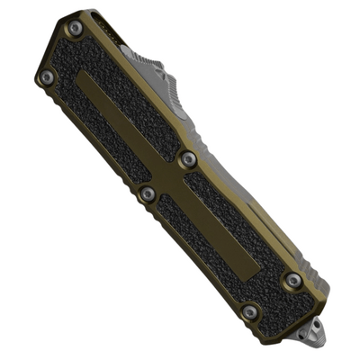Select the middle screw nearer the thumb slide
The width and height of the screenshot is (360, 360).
pyautogui.click(x=188, y=159)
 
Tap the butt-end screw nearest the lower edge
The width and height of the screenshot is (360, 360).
pyautogui.click(x=250, y=312)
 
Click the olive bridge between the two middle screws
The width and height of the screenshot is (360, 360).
pyautogui.click(x=168, y=176)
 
